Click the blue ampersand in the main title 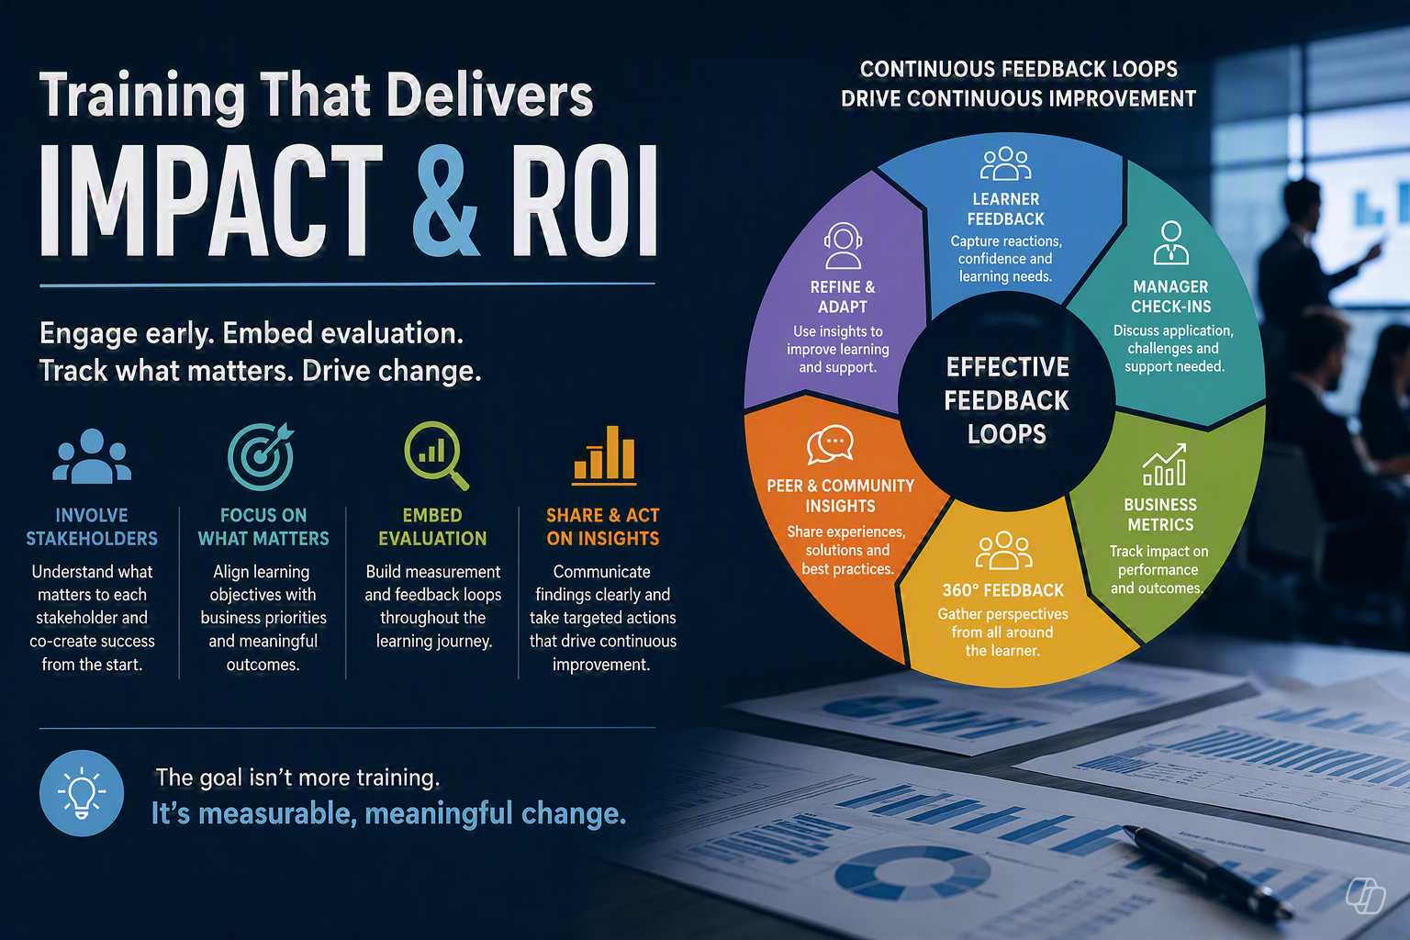tap(445, 200)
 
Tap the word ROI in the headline tap(585, 200)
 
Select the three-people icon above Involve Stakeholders tap(92, 456)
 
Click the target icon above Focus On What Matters tap(262, 456)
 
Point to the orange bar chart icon tap(604, 455)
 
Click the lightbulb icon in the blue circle tap(82, 793)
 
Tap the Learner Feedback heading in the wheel tap(1006, 209)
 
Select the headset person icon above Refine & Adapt tap(843, 245)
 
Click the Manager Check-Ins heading tap(1170, 297)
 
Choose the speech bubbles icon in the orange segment tap(830, 444)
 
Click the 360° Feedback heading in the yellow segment tap(1003, 590)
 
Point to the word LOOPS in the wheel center tap(1006, 434)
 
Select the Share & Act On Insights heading tap(603, 527)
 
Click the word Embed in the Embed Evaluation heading tap(432, 515)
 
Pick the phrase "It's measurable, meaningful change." tap(389, 813)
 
